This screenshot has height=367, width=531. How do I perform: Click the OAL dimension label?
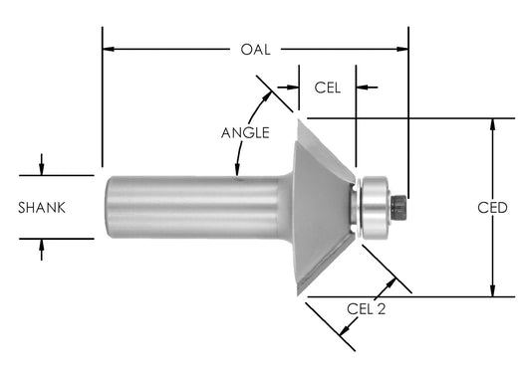pyautogui.click(x=256, y=48)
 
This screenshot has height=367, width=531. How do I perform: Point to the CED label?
pyautogui.click(x=492, y=208)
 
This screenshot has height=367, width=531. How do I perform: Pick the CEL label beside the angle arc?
pyautogui.click(x=328, y=88)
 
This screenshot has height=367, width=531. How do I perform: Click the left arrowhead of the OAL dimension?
pyautogui.click(x=109, y=48)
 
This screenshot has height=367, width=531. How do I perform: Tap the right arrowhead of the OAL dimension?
pyautogui.click(x=402, y=48)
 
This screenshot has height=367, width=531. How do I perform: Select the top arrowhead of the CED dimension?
pyautogui.click(x=491, y=124)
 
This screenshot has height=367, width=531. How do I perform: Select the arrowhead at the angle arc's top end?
pyautogui.click(x=268, y=95)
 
